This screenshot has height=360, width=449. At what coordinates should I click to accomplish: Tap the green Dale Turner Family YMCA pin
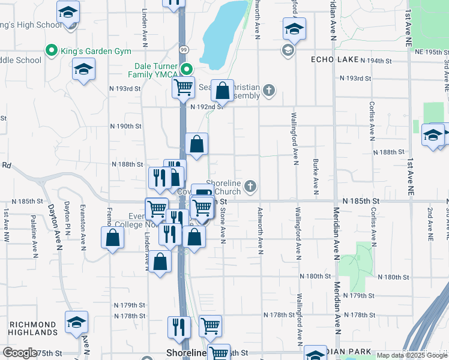pyautogui.click(x=187, y=68)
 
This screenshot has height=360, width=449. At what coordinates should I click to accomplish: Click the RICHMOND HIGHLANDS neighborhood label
pyautogui.click(x=33, y=328)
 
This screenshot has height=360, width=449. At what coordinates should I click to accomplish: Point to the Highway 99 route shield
pyautogui.click(x=182, y=49)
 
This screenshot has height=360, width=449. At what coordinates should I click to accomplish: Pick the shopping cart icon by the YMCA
pyautogui.click(x=183, y=86)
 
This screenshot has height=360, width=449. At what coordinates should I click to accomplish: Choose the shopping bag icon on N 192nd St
pyautogui.click(x=222, y=92)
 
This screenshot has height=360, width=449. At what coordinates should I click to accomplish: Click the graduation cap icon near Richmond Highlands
pyautogui.click(x=76, y=323)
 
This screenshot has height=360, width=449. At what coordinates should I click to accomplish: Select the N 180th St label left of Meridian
pyautogui.click(x=316, y=277)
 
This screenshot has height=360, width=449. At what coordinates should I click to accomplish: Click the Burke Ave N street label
pyautogui.click(x=315, y=177)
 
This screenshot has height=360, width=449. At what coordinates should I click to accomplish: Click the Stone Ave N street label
pyautogui.click(x=223, y=226)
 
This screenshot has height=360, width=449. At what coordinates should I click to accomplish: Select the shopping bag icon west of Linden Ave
pyautogui.click(x=112, y=239)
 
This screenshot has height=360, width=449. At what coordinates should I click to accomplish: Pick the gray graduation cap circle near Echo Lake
pyautogui.click(x=288, y=50)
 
